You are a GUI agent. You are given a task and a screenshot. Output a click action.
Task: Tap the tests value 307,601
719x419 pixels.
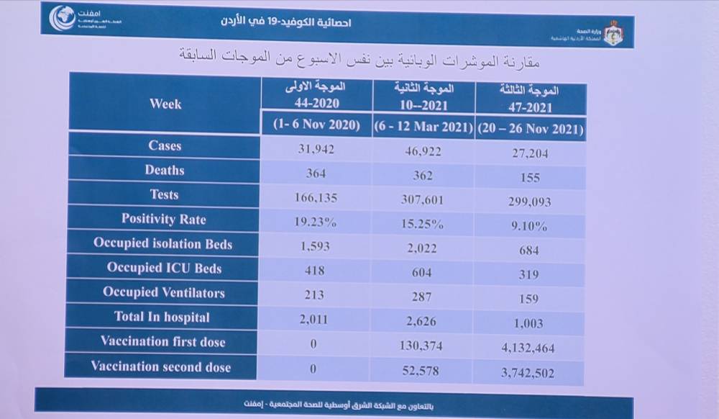[422, 199]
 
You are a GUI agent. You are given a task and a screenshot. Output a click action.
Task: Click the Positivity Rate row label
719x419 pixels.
[163, 220]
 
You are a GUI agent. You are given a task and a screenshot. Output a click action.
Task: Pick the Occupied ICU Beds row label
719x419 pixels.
[164, 268]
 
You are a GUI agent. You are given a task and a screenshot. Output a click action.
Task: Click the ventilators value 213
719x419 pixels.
[314, 295]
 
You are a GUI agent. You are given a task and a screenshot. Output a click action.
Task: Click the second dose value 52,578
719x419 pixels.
[422, 371]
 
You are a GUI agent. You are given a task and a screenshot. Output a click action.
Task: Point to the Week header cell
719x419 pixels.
[165, 104]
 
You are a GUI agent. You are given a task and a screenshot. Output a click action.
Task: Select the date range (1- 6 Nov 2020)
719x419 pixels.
[316, 125]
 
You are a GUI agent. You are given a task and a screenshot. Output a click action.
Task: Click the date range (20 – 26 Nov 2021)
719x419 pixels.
[530, 130]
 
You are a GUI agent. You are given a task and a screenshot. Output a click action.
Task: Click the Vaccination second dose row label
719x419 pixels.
[160, 367]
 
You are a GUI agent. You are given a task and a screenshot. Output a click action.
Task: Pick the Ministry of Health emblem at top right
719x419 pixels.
[613, 32]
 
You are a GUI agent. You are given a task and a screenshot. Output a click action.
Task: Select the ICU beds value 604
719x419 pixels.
[422, 272]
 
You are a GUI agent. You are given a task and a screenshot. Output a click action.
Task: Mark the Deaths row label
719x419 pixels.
[165, 171]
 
